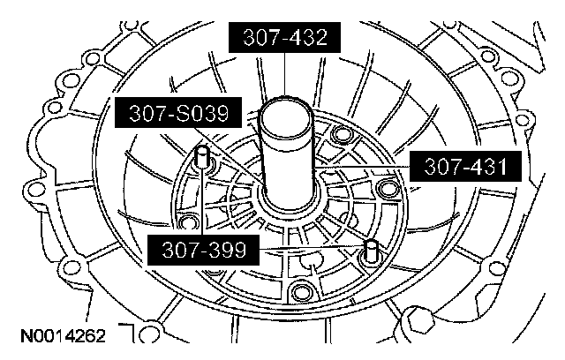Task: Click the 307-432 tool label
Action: point(284,37)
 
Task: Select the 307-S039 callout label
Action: point(178,112)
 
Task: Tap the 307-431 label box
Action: point(465,166)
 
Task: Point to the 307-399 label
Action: point(204,250)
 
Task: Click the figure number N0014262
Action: point(64,336)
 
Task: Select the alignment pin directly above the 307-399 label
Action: point(202,157)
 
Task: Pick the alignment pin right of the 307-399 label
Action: point(371,251)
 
